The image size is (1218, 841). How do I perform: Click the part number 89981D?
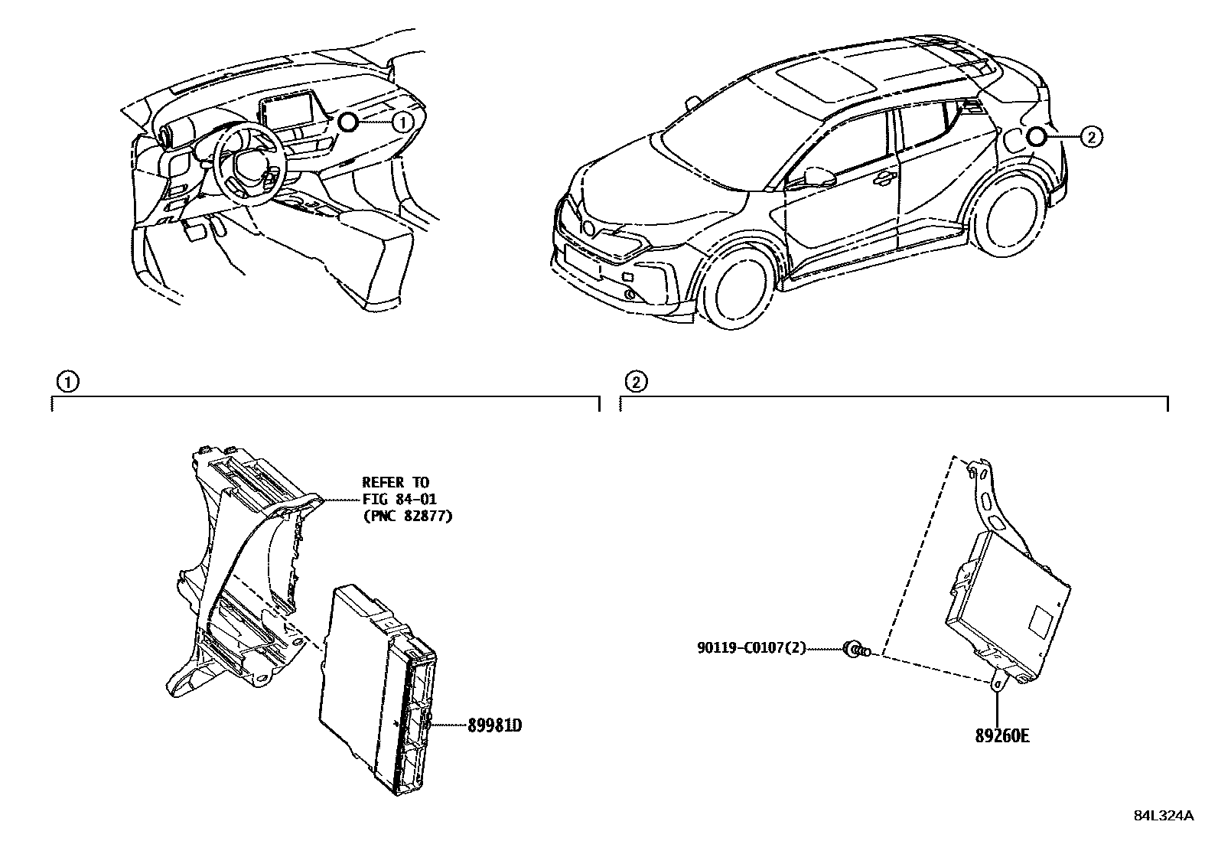(x=494, y=725)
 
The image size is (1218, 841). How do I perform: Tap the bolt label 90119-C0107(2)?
(x=751, y=649)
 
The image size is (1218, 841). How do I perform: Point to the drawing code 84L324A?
(x=1163, y=816)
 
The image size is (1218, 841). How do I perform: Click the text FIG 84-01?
(x=395, y=499)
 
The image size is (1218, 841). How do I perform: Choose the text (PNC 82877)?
(x=407, y=516)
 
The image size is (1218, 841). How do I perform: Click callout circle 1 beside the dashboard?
(x=402, y=121)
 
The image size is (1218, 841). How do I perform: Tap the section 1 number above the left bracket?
(x=67, y=381)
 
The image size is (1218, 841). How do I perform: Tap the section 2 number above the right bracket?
(x=636, y=381)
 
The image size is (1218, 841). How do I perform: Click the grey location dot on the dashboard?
(x=348, y=121)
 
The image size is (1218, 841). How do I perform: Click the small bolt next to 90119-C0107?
(x=855, y=650)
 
